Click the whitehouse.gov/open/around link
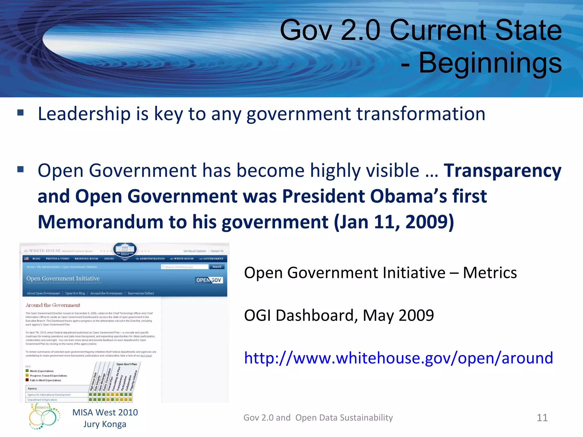(399, 358)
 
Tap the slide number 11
(542, 418)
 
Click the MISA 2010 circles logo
(44, 417)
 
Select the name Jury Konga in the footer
(105, 424)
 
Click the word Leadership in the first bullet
(84, 114)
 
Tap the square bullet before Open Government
(20, 170)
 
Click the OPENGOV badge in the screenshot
(209, 280)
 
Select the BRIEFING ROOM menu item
(86, 259)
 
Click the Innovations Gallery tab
(141, 293)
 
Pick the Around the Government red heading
(53, 305)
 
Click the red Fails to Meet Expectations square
(27, 380)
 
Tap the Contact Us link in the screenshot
(217, 251)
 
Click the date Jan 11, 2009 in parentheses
(394, 222)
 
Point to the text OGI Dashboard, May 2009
(339, 315)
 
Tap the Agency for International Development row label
(49, 395)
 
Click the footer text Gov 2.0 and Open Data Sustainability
(318, 418)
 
